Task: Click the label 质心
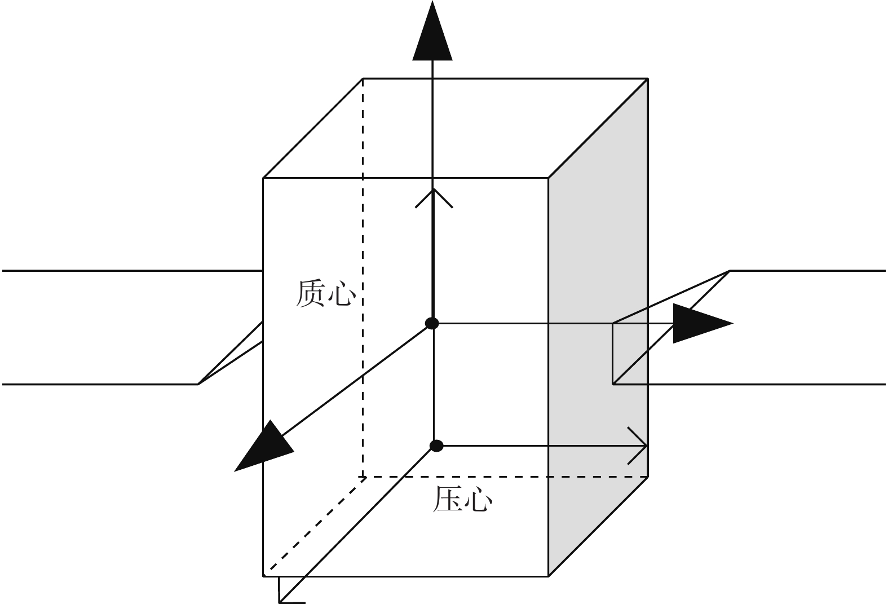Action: coord(326,293)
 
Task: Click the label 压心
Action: coord(462,499)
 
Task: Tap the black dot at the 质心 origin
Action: coord(432,323)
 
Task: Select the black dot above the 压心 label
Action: coord(436,446)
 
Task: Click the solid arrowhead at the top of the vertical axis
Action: coord(432,32)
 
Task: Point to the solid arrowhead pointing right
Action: coord(703,323)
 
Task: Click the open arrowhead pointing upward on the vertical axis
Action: coord(434,199)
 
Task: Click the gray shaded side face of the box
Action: coord(598,327)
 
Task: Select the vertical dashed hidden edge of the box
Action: coord(363,277)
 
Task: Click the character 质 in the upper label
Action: coord(311,293)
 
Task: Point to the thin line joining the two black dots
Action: coord(434,385)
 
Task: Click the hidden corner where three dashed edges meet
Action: coord(363,477)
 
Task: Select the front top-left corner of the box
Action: coord(263,178)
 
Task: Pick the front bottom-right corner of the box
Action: coord(548,576)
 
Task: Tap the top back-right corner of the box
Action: coord(648,78)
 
